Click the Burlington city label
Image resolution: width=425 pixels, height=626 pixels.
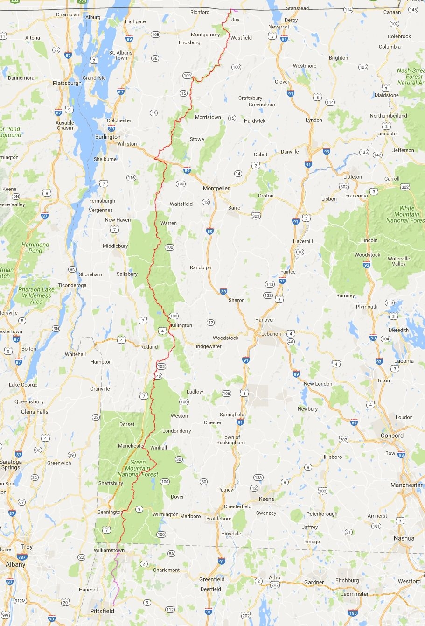108,137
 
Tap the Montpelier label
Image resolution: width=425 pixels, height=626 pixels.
216,188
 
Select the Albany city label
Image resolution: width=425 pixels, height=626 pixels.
15,564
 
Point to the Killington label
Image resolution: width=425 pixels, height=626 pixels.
181,325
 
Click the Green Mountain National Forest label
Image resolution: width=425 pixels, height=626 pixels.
138,468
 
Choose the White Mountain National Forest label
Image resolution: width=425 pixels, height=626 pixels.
405,214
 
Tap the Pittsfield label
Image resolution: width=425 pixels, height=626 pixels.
102,611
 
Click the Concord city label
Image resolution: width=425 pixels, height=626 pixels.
392,436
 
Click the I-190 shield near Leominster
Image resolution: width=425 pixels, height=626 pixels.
353,613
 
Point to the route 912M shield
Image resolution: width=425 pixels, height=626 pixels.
19,600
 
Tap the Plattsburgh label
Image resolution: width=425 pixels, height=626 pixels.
67,83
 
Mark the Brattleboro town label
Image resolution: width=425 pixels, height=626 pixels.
219,518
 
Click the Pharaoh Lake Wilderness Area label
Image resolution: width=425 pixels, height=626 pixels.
36,295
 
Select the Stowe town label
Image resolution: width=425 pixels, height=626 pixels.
197,139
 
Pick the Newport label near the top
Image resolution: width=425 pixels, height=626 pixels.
279,27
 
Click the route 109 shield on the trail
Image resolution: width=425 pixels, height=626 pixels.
187,76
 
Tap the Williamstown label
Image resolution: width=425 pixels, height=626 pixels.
109,550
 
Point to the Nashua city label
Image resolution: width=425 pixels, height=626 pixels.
404,538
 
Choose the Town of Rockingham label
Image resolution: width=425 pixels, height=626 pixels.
230,440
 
